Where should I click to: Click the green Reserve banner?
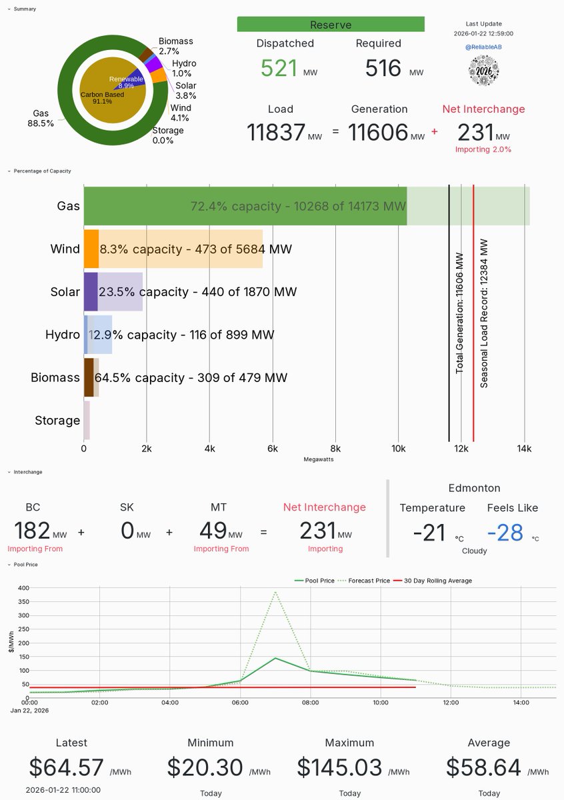click(x=331, y=25)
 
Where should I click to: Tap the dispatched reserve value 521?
click(x=279, y=68)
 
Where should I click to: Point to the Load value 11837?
click(x=276, y=132)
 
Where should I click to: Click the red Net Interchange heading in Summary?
click(x=483, y=109)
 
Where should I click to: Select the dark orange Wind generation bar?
click(x=91, y=249)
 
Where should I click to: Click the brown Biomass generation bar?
click(x=89, y=377)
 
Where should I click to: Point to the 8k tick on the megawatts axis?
click(x=335, y=449)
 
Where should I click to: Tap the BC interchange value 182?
click(x=33, y=531)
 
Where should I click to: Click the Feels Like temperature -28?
click(x=506, y=532)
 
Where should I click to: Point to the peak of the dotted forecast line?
click(x=275, y=591)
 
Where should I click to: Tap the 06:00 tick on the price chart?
click(x=240, y=702)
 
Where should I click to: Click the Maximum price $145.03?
click(x=340, y=768)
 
